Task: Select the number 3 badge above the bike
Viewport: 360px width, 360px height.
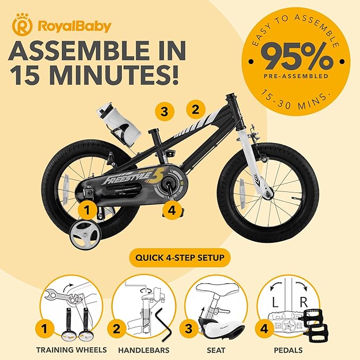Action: (165, 112)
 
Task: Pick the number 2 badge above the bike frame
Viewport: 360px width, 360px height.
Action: (195, 110)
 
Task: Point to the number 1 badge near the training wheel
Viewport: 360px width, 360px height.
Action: (88, 210)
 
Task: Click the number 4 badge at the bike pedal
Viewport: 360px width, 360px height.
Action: (171, 210)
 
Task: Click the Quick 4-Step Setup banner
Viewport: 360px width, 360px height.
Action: (179, 259)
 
